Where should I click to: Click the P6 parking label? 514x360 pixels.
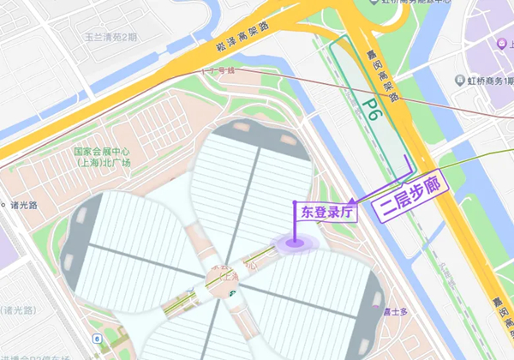pos(370,109)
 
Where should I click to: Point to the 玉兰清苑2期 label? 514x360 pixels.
pos(111,37)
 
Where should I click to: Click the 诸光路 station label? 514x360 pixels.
pos(27,206)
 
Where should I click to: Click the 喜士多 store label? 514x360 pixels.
pos(394,311)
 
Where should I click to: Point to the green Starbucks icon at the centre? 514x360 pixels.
pos(232,293)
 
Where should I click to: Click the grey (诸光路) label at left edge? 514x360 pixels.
pos(19,309)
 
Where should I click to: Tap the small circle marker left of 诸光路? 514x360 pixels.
pos(4,206)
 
